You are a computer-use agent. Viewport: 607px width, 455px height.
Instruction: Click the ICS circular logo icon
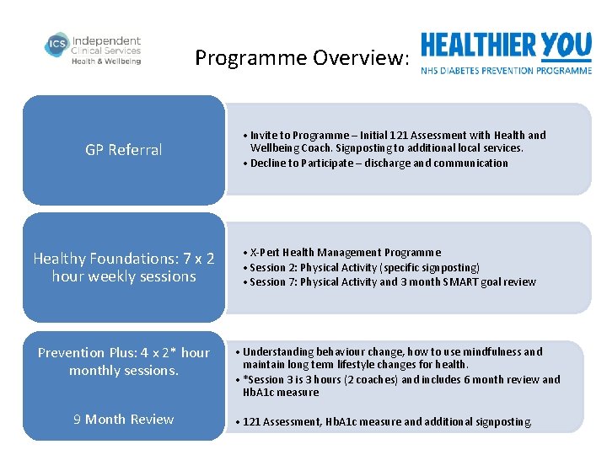56,46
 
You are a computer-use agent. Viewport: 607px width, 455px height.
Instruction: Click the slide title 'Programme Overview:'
302,58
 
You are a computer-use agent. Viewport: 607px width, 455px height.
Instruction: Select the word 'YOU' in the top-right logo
566,45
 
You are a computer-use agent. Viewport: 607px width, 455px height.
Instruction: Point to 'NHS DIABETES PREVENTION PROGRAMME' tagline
506,71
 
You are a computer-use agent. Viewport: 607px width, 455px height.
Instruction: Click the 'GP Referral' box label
124,150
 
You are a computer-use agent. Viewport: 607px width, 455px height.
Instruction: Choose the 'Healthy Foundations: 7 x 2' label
124,259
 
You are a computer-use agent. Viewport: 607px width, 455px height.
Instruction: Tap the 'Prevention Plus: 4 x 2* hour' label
124,353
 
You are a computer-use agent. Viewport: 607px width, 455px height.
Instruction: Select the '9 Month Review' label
124,420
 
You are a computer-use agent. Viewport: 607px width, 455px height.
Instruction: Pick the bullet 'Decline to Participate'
379,163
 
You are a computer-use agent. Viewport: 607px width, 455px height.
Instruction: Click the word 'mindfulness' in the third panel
486,352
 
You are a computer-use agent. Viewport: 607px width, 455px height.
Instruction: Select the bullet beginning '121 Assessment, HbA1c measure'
386,421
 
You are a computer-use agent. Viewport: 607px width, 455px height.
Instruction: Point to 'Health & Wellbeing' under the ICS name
106,62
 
